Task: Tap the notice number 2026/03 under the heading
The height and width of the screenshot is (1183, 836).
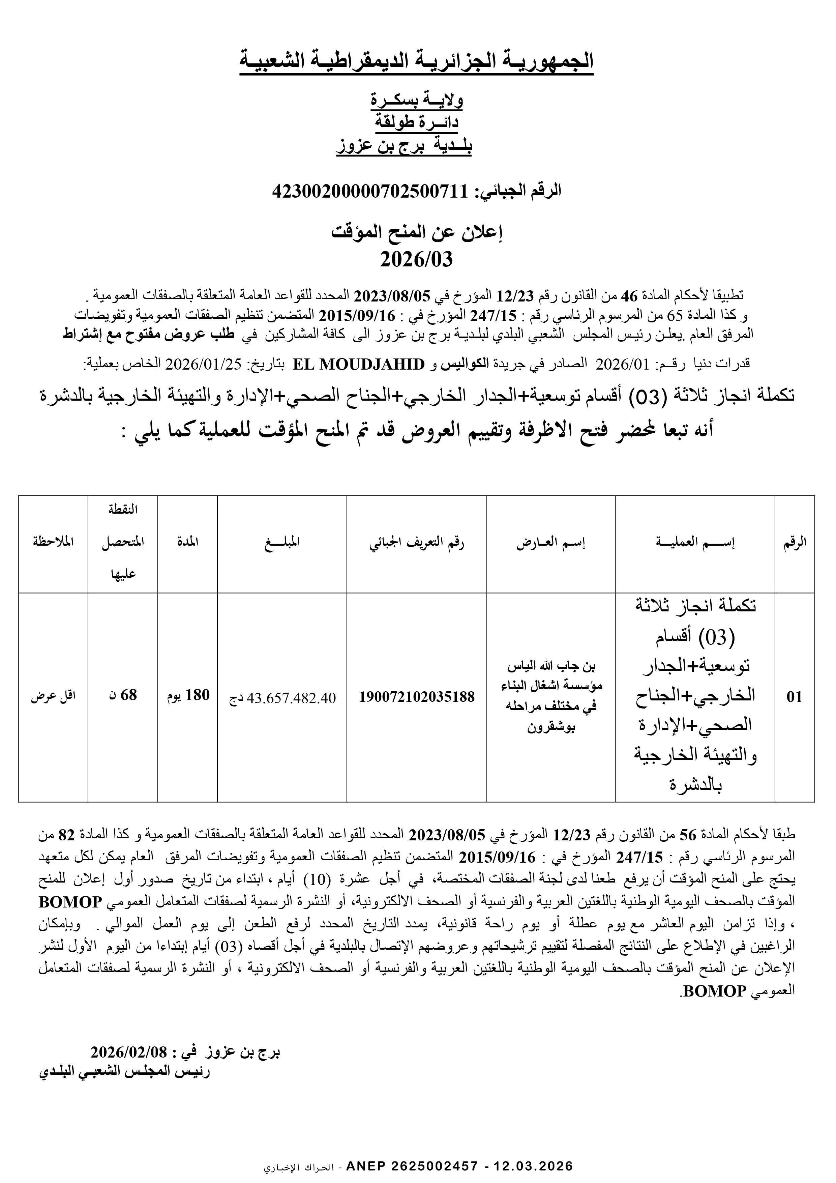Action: click(x=416, y=260)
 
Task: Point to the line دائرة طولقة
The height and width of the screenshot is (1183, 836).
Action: click(x=417, y=123)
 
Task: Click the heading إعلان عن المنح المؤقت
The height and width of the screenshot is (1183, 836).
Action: click(x=416, y=233)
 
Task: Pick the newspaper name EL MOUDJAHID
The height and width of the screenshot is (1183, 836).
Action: click(x=358, y=364)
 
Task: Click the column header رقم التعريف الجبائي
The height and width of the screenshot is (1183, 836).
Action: click(x=416, y=543)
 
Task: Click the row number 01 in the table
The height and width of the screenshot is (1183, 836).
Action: click(x=794, y=697)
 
